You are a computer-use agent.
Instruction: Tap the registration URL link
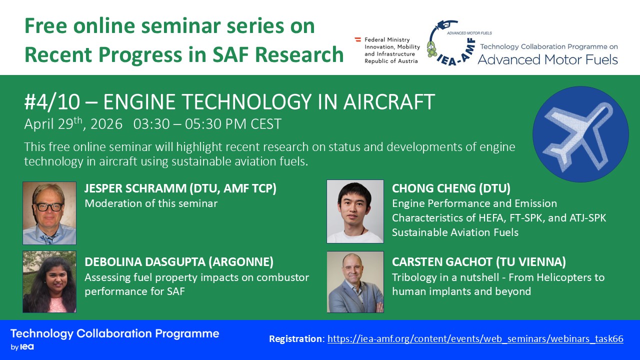pos(475,338)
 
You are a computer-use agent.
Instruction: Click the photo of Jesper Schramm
pos(49,213)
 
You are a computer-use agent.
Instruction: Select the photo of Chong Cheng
pos(355,211)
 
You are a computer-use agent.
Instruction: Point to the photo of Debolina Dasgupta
pos(49,281)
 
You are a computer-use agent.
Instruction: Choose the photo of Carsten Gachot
pos(355,282)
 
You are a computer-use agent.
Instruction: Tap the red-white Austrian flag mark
pos(357,39)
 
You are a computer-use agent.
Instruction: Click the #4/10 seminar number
pos(52,101)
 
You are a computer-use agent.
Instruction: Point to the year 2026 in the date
pos(106,124)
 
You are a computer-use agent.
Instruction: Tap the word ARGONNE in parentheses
pos(240,262)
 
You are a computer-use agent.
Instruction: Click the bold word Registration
pos(295,339)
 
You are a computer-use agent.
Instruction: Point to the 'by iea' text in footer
pos(22,347)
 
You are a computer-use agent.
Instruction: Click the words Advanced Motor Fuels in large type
pos(547,59)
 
